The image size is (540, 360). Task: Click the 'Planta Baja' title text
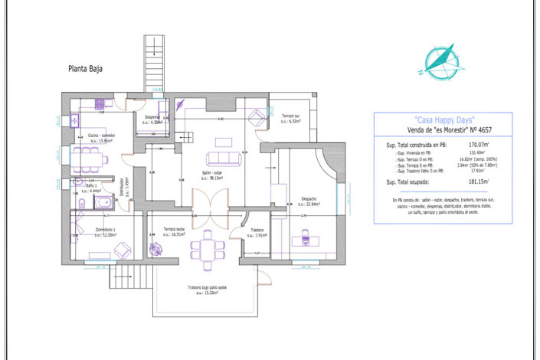pyautogui.click(x=86, y=68)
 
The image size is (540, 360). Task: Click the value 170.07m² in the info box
pyautogui.click(x=479, y=144)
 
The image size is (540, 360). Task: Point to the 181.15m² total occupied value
pyautogui.click(x=479, y=182)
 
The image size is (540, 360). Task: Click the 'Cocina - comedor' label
pyautogui.click(x=100, y=136)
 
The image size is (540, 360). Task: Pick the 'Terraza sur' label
pyautogui.click(x=290, y=116)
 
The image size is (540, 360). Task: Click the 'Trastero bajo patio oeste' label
pyautogui.click(x=207, y=288)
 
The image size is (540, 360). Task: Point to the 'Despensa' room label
pyautogui.click(x=152, y=117)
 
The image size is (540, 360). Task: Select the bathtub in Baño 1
pyautogui.click(x=101, y=201)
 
